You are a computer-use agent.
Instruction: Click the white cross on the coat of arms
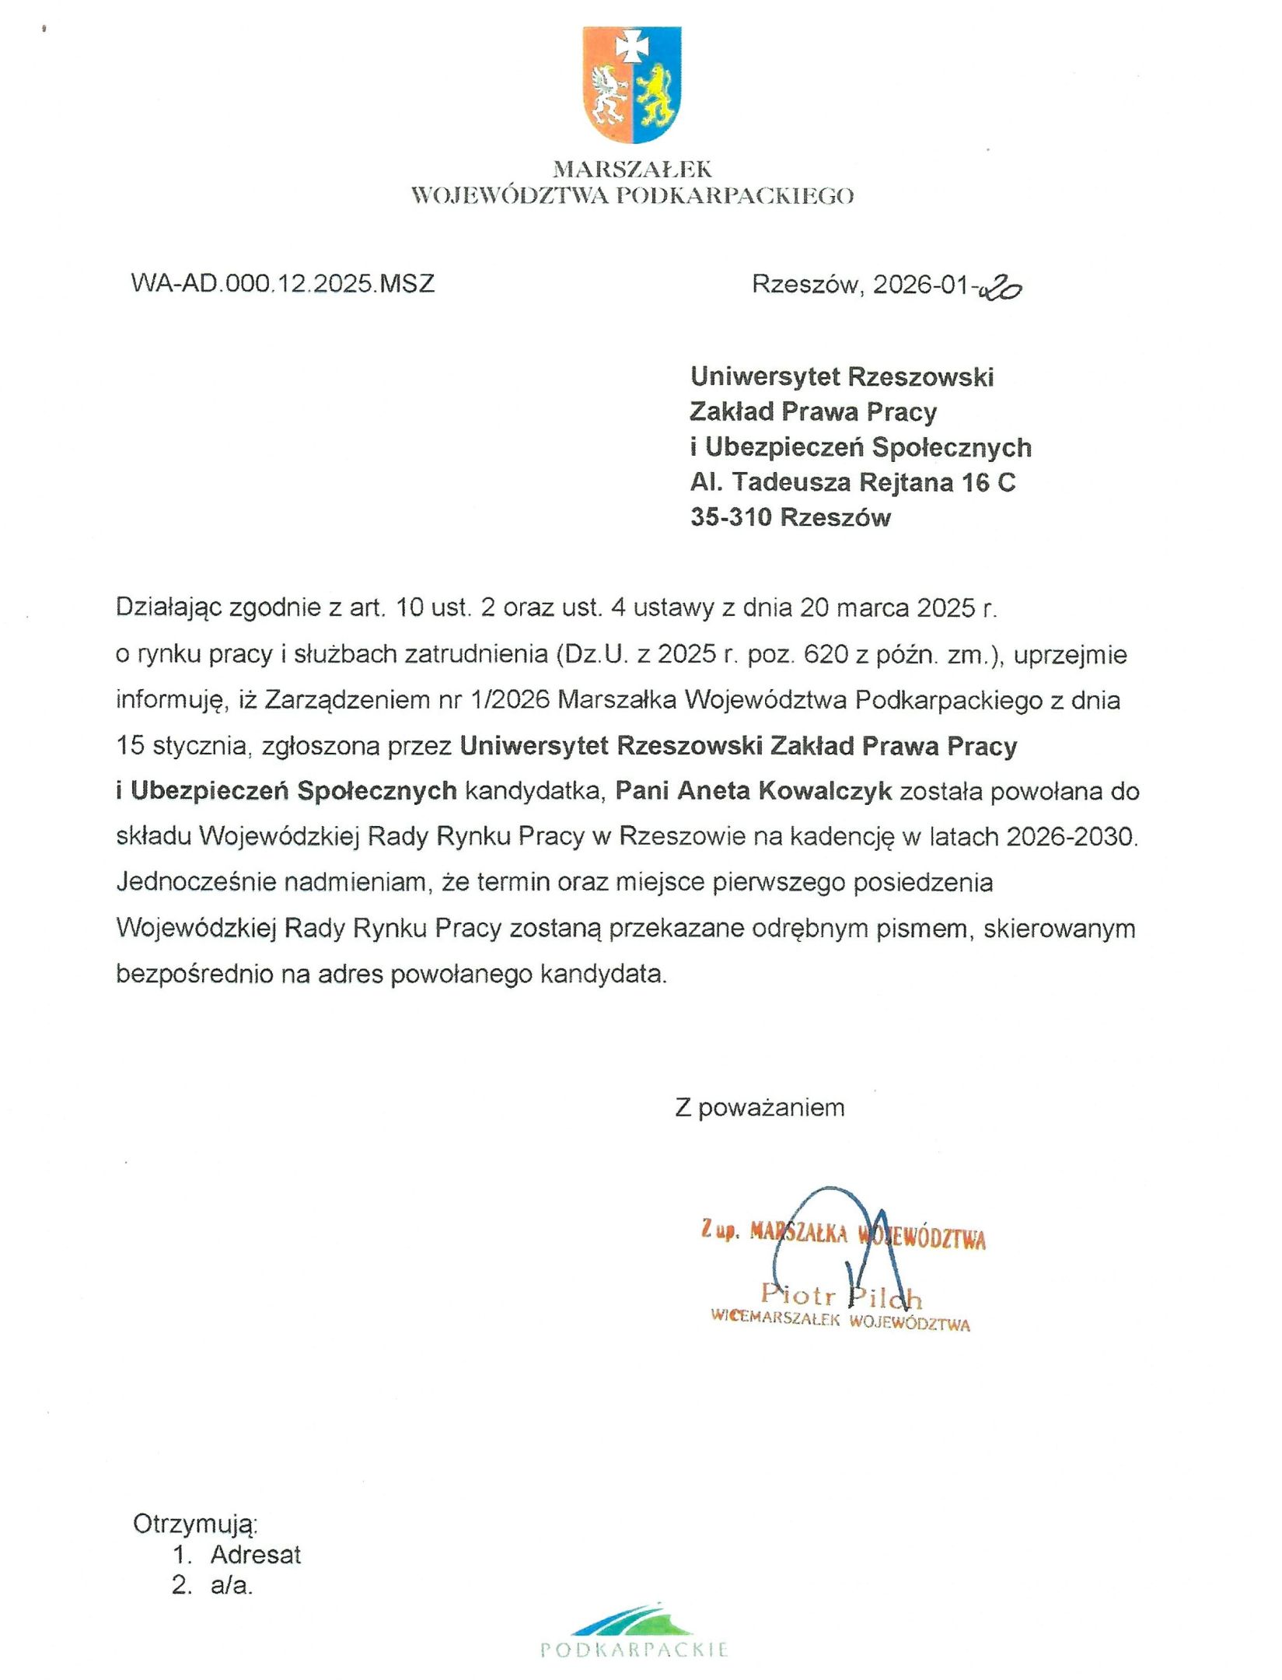pyautogui.click(x=631, y=47)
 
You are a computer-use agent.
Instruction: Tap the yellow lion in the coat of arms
pyautogui.click(x=655, y=97)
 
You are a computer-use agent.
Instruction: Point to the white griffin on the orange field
pyautogui.click(x=610, y=97)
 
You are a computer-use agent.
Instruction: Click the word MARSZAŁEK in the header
pyautogui.click(x=632, y=169)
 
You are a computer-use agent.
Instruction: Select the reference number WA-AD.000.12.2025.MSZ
pyautogui.click(x=283, y=283)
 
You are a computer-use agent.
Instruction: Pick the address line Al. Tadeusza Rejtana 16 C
pyautogui.click(x=853, y=482)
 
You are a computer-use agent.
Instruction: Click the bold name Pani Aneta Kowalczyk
pyautogui.click(x=754, y=791)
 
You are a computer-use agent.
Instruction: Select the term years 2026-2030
pyautogui.click(x=1071, y=837)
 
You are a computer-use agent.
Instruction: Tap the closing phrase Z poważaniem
pyautogui.click(x=760, y=1107)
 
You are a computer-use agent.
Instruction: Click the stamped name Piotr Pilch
pyautogui.click(x=841, y=1296)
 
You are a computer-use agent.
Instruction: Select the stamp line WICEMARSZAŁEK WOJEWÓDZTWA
pyautogui.click(x=840, y=1321)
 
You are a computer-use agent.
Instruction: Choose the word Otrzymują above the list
pyautogui.click(x=195, y=1524)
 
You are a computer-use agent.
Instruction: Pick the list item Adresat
pyautogui.click(x=255, y=1555)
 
